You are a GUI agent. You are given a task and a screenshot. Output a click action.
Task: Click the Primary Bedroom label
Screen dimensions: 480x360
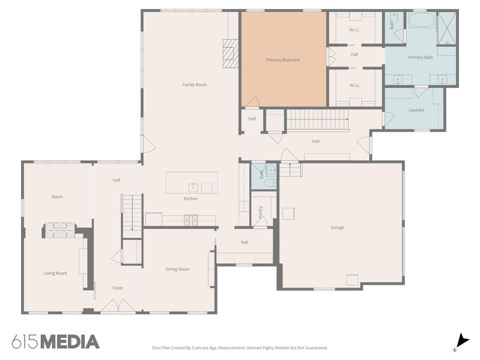tap(283, 60)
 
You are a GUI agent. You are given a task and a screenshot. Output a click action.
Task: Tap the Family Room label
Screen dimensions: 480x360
tap(195, 84)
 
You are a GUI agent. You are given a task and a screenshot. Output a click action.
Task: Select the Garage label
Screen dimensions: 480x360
tap(337, 228)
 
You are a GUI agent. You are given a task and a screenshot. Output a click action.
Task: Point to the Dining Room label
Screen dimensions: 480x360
tap(177, 269)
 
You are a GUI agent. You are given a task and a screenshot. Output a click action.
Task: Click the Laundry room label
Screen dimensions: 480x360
tap(416, 110)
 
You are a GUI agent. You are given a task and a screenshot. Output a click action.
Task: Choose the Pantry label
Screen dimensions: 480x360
tap(260, 212)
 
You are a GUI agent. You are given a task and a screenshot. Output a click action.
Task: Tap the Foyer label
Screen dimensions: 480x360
tap(118, 288)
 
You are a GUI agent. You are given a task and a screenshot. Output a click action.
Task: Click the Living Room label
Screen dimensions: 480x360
tap(55, 273)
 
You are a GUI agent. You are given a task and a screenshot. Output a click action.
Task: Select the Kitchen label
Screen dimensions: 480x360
tap(190, 199)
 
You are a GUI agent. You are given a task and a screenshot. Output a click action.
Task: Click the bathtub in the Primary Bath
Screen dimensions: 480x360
tap(422, 20)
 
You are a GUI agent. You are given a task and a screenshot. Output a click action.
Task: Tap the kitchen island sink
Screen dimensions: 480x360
tap(193, 187)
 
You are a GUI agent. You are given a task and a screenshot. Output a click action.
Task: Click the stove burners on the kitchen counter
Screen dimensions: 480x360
tap(191, 220)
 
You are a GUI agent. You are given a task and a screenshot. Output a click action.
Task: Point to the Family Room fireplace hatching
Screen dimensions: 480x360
tap(230, 53)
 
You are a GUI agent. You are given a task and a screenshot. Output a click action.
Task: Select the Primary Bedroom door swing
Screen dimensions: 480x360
tap(252, 102)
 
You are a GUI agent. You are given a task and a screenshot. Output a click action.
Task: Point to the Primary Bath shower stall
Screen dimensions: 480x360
tap(447, 28)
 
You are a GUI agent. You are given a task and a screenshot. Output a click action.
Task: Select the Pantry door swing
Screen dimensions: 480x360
tap(260, 222)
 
